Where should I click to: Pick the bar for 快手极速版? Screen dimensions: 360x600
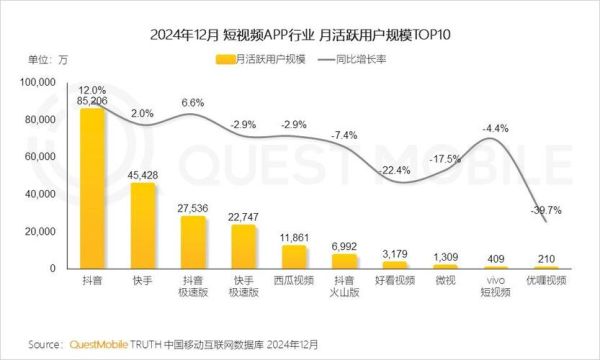pos(244,246)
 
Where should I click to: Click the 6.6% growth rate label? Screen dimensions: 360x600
pos(192,103)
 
